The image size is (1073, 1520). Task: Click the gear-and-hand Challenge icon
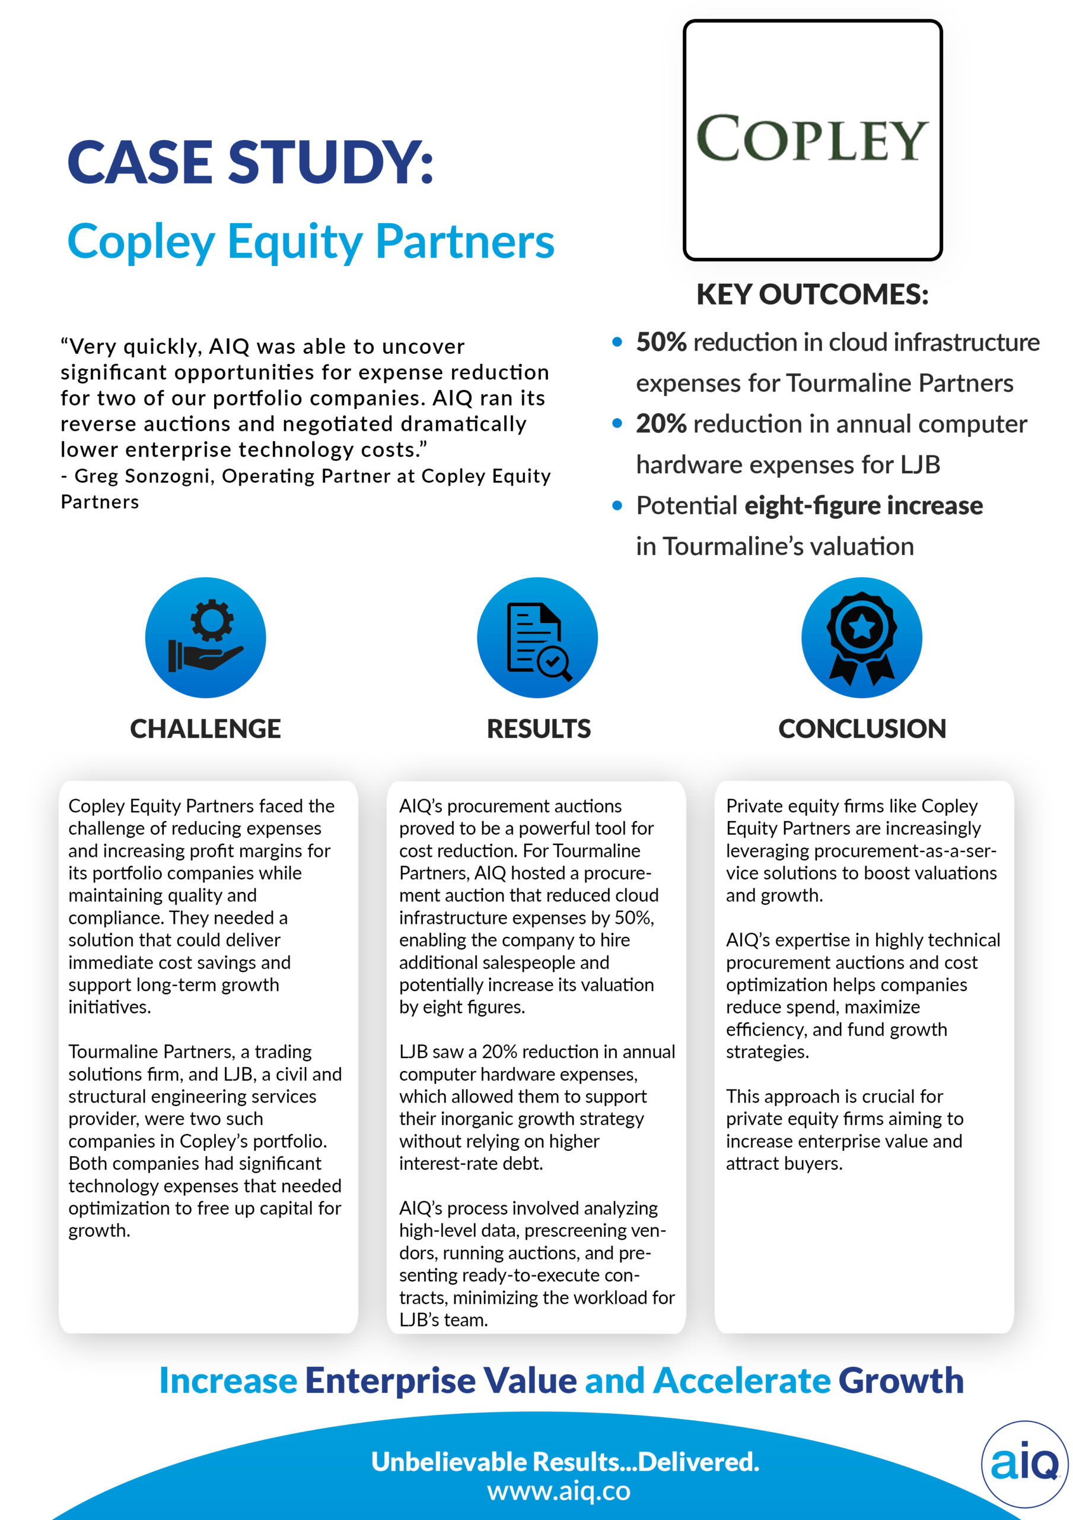(206, 638)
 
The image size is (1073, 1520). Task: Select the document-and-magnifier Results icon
(537, 638)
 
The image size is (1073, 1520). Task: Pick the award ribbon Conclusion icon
(861, 638)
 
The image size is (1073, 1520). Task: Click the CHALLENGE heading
(206, 729)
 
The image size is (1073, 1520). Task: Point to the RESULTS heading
(539, 729)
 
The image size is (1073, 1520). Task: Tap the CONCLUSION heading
(862, 729)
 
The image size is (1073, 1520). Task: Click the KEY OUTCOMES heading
(813, 294)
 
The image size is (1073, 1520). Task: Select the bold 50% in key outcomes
(661, 342)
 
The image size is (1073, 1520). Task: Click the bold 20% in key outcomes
(661, 424)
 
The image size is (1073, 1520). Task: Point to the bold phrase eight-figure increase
(863, 506)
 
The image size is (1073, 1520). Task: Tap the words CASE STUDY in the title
(250, 162)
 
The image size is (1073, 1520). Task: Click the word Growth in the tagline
(901, 1380)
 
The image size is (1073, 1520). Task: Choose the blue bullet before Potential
(617, 506)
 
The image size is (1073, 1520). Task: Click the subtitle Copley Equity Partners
(311, 242)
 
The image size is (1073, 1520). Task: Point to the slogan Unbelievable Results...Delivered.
(565, 1461)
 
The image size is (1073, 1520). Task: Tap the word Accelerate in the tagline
(741, 1380)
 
